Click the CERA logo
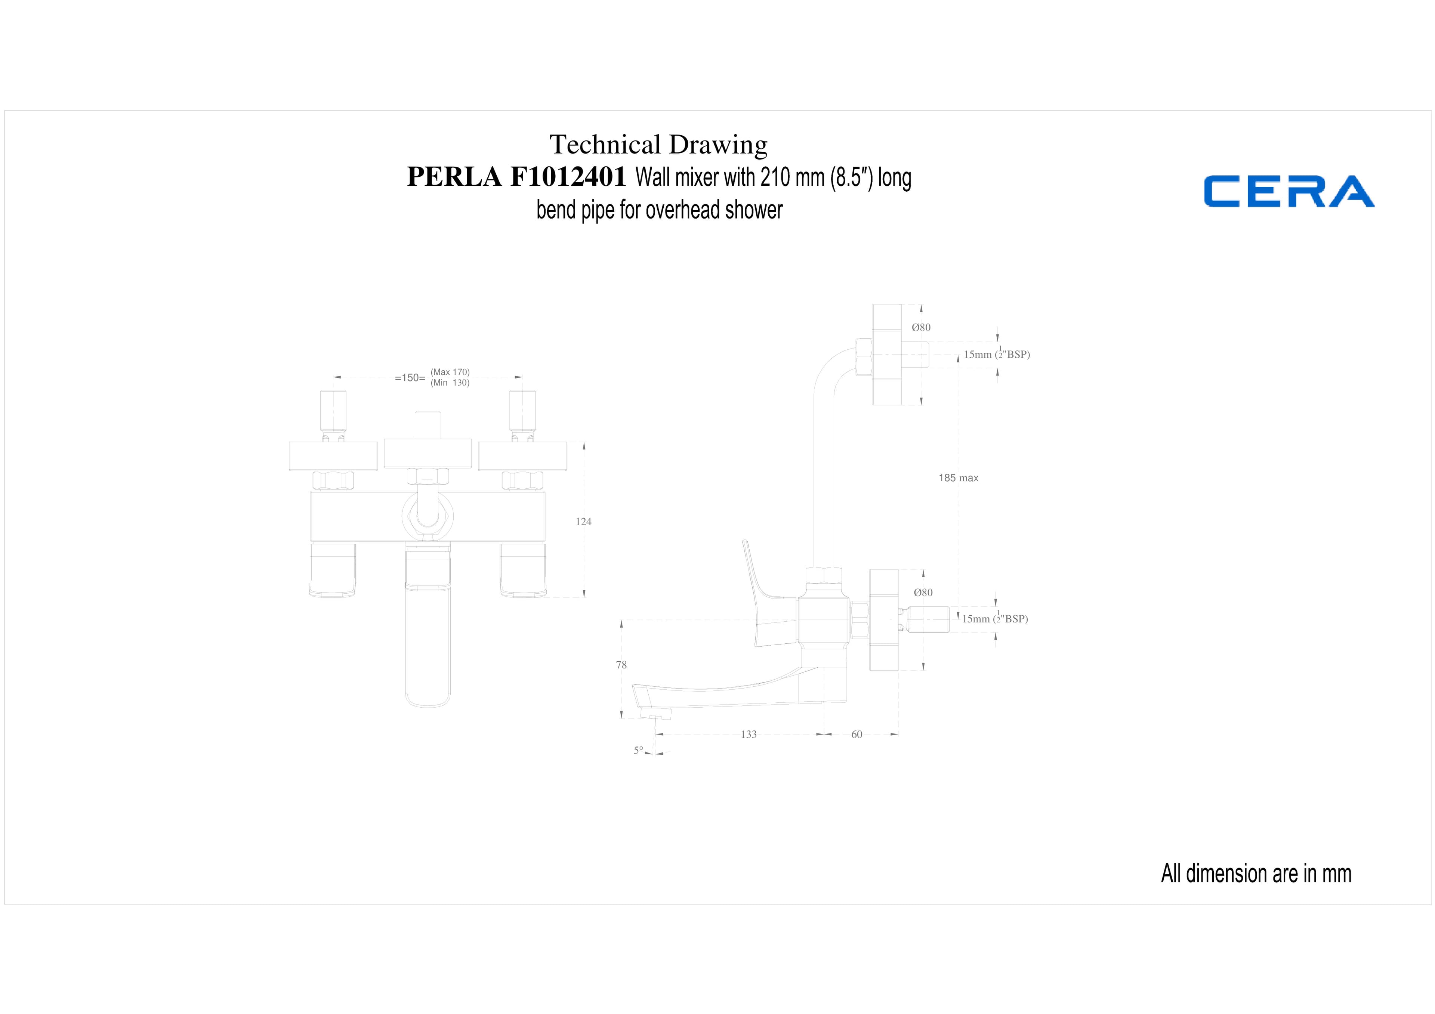(1289, 191)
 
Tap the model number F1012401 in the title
(568, 176)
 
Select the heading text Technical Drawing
(658, 145)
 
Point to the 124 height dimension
(583, 522)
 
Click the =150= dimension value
(410, 378)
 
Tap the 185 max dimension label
(958, 478)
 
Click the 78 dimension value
(621, 665)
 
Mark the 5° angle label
(638, 750)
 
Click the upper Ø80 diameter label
(921, 327)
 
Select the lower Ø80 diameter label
(923, 592)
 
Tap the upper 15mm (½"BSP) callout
(997, 353)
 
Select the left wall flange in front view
(333, 456)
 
